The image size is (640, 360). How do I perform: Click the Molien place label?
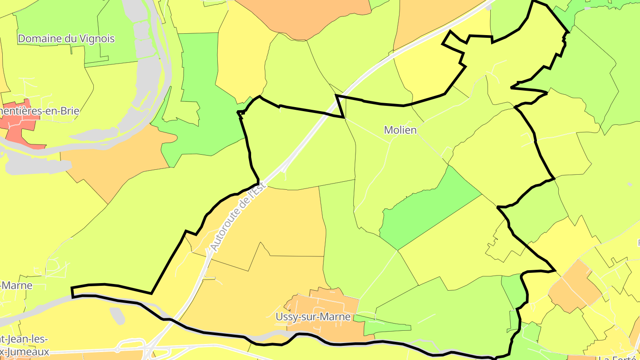coord(400,130)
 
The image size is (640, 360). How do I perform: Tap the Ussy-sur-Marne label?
coord(313,317)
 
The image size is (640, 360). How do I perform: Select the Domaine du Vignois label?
coord(66,39)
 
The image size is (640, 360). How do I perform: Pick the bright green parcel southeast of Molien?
coord(427,209)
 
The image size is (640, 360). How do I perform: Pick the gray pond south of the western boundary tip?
coord(116,315)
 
